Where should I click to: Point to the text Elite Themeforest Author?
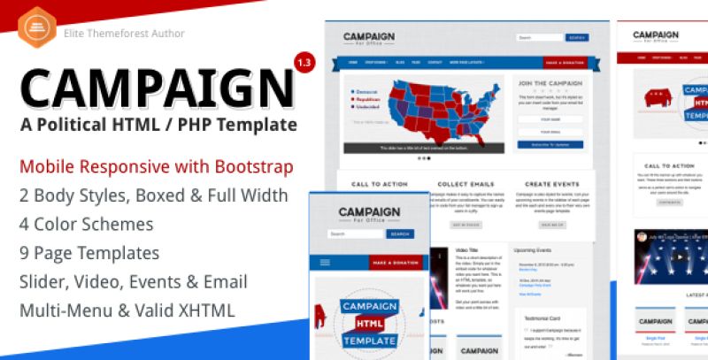pyautogui.click(x=124, y=34)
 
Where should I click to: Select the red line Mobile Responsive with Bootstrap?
pyautogui.click(x=157, y=166)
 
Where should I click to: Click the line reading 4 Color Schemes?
pyautogui.click(x=86, y=224)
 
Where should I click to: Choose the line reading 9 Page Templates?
pyautogui.click(x=89, y=253)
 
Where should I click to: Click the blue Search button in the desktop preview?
pyautogui.click(x=577, y=38)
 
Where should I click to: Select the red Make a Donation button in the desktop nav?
pyautogui.click(x=564, y=64)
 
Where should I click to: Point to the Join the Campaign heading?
pyautogui.click(x=548, y=84)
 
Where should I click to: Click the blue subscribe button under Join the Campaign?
pyautogui.click(x=548, y=143)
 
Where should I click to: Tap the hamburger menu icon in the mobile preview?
pyautogui.click(x=325, y=263)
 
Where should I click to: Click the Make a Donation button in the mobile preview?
pyautogui.click(x=393, y=263)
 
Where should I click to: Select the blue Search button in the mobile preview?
pyautogui.click(x=400, y=234)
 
